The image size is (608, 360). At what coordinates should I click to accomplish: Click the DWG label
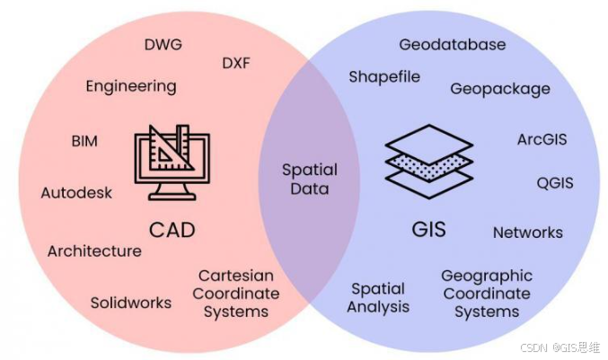163,44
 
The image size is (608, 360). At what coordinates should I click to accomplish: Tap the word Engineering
131,87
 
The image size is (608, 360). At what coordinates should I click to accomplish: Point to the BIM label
84,141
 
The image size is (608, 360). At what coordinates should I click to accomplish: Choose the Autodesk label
77,193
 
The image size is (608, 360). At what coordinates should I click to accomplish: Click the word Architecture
94,251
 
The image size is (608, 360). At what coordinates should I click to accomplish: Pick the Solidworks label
130,303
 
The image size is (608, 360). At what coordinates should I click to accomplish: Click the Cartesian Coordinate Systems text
238,294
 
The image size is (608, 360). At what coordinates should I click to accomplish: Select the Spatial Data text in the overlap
310,179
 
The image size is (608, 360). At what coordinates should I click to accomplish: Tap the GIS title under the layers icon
429,229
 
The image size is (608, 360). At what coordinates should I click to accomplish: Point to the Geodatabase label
452,44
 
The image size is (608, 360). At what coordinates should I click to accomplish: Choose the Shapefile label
384,76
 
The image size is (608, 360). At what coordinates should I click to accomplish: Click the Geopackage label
500,89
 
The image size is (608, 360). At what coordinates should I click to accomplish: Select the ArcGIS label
542,140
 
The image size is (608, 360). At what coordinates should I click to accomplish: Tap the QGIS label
554,183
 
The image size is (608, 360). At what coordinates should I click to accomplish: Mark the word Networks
528,233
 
